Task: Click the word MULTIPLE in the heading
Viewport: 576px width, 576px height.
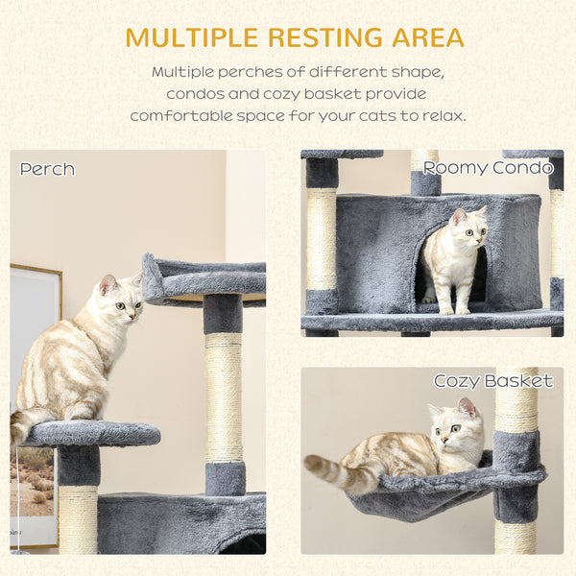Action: [x=189, y=37]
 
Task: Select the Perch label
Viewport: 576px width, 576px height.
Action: [x=47, y=169]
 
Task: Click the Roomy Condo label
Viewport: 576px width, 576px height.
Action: [x=489, y=167]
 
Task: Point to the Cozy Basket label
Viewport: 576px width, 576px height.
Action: [x=492, y=381]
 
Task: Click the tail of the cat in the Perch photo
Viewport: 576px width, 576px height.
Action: [x=24, y=422]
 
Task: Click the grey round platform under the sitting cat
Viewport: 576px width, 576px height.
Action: [x=91, y=433]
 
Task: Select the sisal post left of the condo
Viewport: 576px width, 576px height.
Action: [x=322, y=240]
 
